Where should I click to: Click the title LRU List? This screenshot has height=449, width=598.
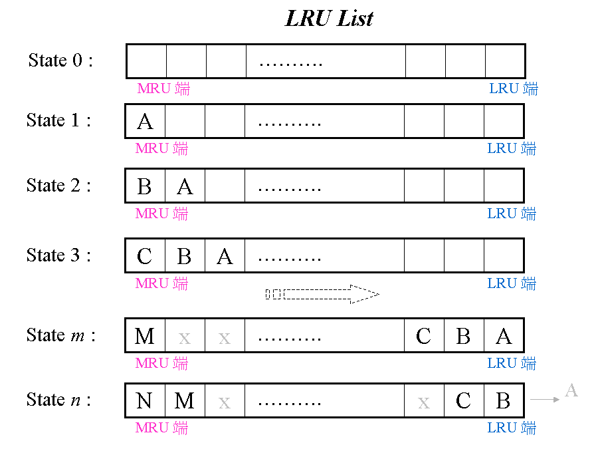[329, 19]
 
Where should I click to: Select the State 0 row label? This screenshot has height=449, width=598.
[60, 61]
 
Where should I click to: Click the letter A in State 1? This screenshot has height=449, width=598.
[145, 122]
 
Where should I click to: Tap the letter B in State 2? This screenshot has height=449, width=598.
[145, 187]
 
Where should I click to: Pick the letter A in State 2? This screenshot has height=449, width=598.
[185, 187]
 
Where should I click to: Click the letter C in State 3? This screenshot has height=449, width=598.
[145, 256]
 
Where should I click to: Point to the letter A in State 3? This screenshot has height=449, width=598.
[225, 256]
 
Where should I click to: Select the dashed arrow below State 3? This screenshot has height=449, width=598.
[322, 294]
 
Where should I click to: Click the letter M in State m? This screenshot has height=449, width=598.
[145, 336]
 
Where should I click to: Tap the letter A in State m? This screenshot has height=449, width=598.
[504, 336]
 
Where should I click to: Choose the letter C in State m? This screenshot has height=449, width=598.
[424, 336]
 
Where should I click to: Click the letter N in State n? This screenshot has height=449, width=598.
[144, 401]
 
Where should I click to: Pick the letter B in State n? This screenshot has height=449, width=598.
[503, 401]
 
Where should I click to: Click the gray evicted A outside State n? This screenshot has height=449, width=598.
[571, 390]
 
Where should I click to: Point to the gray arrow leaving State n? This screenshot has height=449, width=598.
[545, 399]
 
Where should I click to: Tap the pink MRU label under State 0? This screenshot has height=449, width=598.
[163, 88]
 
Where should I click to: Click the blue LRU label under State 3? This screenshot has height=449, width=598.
[512, 283]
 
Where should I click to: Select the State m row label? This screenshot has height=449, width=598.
[60, 335]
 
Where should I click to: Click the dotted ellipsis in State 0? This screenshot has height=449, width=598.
[290, 64]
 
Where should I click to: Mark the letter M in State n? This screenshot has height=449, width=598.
[185, 401]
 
